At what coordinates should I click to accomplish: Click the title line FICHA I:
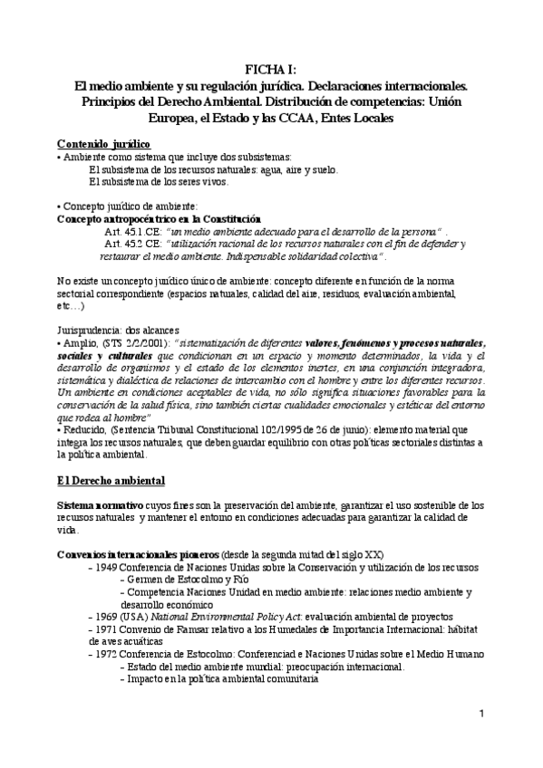(x=271, y=69)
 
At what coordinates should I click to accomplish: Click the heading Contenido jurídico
(x=103, y=144)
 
